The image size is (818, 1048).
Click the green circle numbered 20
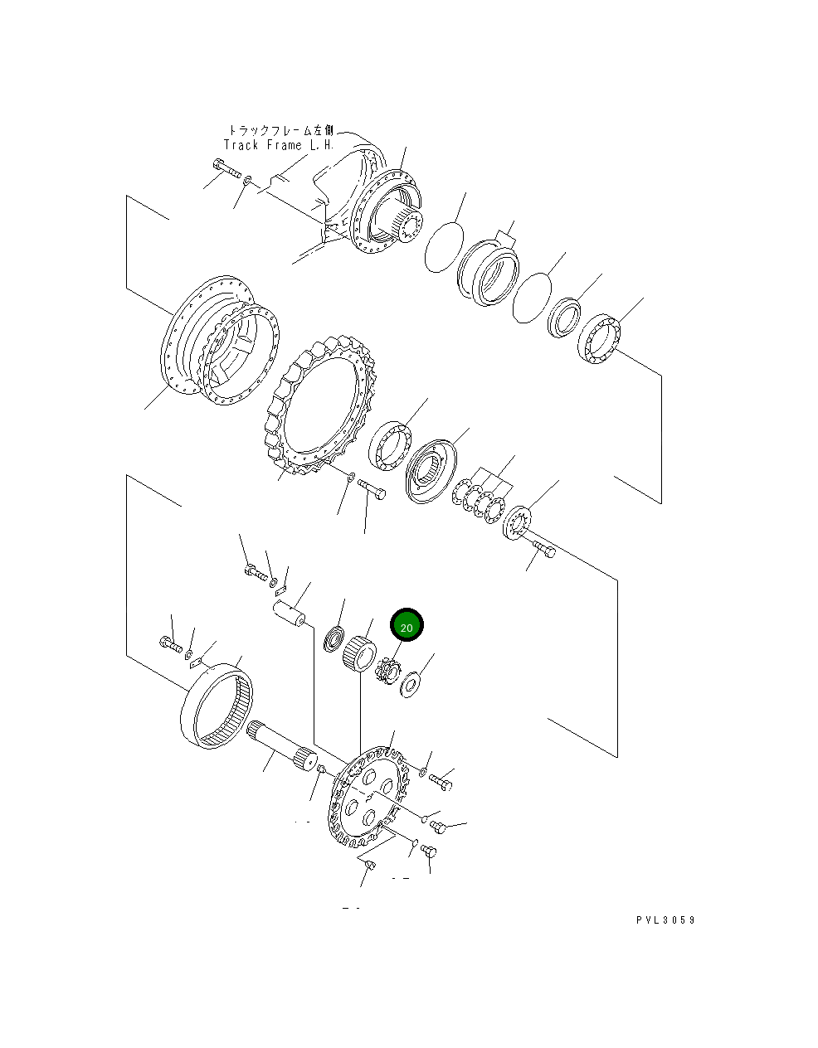(407, 627)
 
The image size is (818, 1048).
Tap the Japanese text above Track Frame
(280, 130)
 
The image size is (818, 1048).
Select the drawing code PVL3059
(665, 920)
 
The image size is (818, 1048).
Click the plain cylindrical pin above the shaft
(290, 615)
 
